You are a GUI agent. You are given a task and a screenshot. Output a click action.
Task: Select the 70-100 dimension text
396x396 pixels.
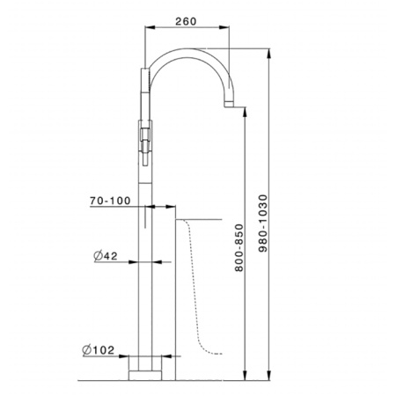(110, 201)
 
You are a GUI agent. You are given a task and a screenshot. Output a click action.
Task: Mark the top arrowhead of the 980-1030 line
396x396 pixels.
(268, 52)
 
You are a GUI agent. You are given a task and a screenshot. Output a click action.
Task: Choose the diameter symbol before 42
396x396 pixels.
(98, 257)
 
